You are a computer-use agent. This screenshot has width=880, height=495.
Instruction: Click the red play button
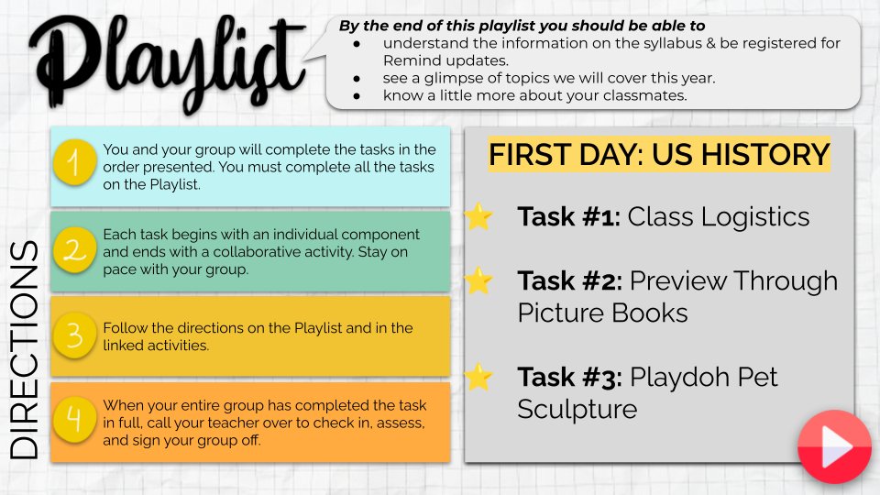pos(834,446)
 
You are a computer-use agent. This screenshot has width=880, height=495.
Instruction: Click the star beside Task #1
pos(478,217)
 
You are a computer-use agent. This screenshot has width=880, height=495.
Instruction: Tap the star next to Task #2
pos(478,280)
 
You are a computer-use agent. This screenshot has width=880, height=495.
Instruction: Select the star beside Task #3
pos(478,377)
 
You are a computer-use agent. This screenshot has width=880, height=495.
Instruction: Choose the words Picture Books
pos(602,313)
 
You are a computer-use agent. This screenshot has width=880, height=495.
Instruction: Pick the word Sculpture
pos(577,409)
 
